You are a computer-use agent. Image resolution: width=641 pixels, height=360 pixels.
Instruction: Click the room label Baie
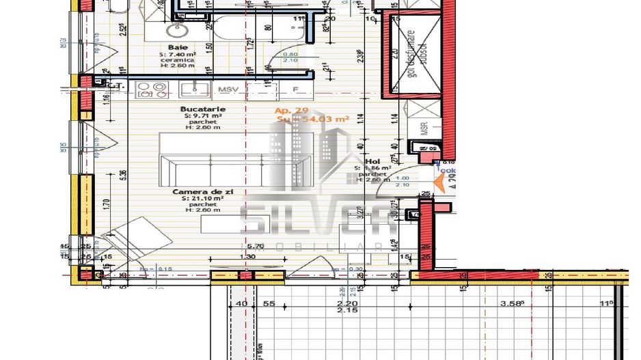click(x=178, y=46)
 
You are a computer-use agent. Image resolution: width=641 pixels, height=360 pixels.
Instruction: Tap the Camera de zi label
click(x=203, y=193)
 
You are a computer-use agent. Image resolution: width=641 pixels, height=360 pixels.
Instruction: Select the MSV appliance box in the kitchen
click(x=225, y=89)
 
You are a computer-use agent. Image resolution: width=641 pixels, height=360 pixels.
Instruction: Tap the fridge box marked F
click(x=295, y=89)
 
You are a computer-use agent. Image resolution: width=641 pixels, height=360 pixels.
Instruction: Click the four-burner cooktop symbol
click(x=152, y=89)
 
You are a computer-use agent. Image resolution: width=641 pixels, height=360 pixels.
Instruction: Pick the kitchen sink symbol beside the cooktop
click(x=195, y=89)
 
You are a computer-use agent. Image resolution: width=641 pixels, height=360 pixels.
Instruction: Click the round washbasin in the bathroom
click(x=177, y=29)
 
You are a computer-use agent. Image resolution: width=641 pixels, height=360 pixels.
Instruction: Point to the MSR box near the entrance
click(x=423, y=128)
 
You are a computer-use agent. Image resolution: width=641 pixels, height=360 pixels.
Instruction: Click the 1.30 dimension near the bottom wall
click(x=248, y=256)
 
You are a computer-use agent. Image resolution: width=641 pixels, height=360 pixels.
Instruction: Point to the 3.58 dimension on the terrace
click(x=512, y=303)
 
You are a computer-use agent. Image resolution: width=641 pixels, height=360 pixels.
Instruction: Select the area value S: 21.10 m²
click(x=203, y=199)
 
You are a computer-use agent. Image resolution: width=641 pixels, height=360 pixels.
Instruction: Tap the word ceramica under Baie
click(x=178, y=60)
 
